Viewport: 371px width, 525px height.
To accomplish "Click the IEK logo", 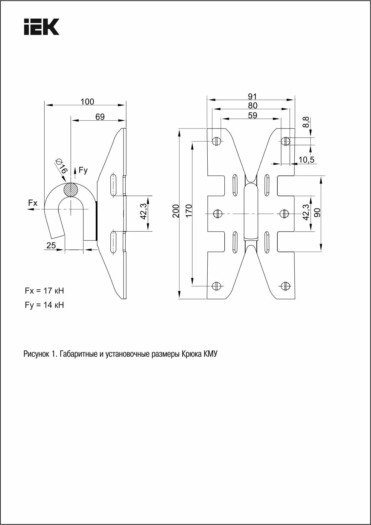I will (x=42, y=27).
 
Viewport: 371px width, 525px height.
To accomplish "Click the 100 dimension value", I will (x=87, y=102).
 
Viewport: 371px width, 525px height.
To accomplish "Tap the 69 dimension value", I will (x=100, y=117).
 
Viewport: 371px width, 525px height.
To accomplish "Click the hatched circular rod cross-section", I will (x=71, y=190).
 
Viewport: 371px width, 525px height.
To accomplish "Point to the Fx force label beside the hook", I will (x=33, y=203).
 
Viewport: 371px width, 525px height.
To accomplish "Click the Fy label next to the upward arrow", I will (x=83, y=170).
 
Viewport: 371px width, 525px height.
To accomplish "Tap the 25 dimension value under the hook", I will (x=51, y=245).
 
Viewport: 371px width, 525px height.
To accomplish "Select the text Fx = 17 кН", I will (x=44, y=291).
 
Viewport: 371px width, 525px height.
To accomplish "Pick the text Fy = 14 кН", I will (x=44, y=305).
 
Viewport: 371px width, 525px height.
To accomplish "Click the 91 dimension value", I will (x=252, y=96).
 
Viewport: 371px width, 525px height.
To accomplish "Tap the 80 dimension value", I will (x=252, y=105).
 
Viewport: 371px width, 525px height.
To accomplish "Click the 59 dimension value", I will (x=252, y=115).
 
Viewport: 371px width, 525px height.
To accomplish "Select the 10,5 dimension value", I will (x=306, y=160).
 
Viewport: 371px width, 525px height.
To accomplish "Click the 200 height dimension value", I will (x=176, y=211).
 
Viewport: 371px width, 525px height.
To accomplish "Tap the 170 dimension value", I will (x=188, y=211).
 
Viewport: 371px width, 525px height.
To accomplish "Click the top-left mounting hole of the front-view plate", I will (x=216, y=141).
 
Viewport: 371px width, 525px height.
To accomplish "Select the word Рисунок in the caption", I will (x=36, y=354).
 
